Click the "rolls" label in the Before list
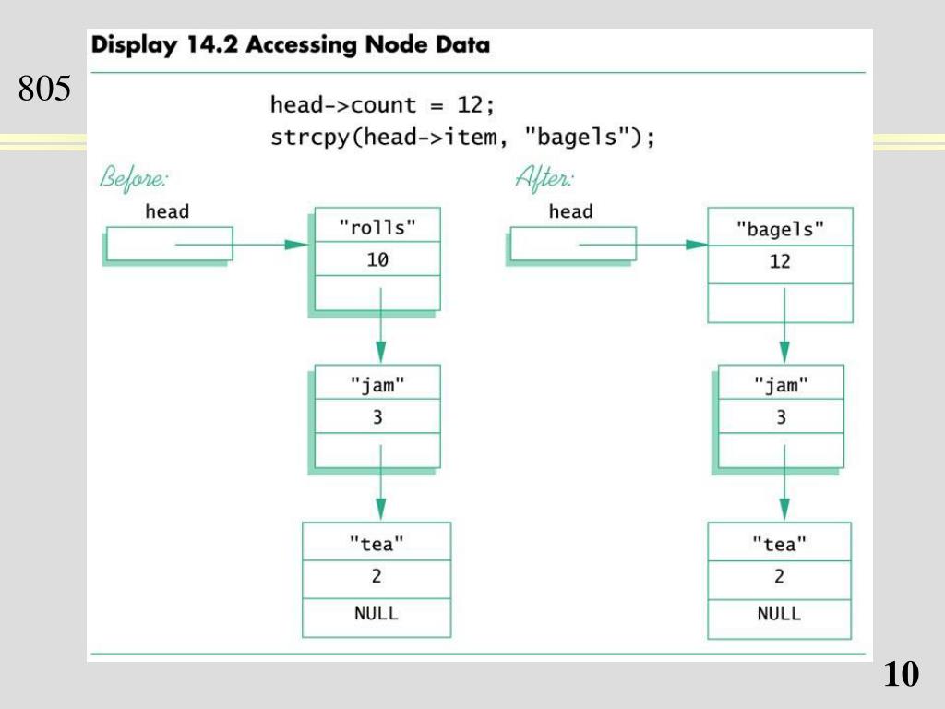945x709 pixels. [377, 227]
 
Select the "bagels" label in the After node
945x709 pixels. [780, 229]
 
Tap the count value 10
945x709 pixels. [377, 259]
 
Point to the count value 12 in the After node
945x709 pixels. [780, 261]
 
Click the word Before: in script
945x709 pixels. [134, 178]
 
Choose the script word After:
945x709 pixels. [544, 178]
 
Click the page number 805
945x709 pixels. [44, 88]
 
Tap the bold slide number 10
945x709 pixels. [902, 673]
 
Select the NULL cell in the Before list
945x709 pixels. [377, 618]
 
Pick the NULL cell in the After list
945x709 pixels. [779, 619]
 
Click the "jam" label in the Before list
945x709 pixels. [377, 385]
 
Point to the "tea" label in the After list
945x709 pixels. [779, 544]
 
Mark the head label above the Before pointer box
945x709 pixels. [167, 211]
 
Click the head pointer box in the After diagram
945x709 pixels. [573, 244]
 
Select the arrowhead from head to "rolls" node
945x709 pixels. [296, 244]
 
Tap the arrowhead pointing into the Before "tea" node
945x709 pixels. [380, 510]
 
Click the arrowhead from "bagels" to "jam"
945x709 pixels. [784, 352]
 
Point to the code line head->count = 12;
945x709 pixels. [383, 105]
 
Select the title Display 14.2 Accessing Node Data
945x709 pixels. [291, 44]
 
